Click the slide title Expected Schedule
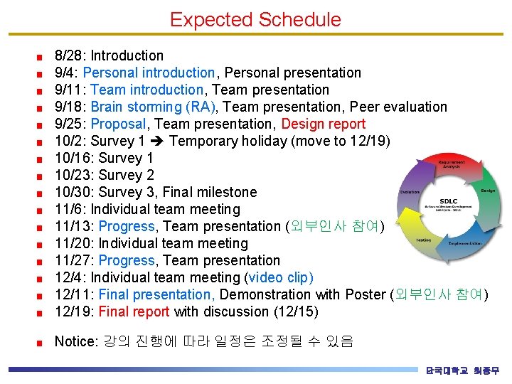click(255, 20)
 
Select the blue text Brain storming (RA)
click(153, 107)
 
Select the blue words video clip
click(280, 277)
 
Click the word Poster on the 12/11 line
click(366, 294)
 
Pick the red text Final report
click(134, 311)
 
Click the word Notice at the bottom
click(74, 341)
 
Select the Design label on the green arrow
click(488, 191)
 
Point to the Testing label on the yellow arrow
click(425, 240)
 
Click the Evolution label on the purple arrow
click(410, 192)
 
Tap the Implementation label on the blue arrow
click(464, 243)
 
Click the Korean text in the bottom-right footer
click(462, 370)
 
